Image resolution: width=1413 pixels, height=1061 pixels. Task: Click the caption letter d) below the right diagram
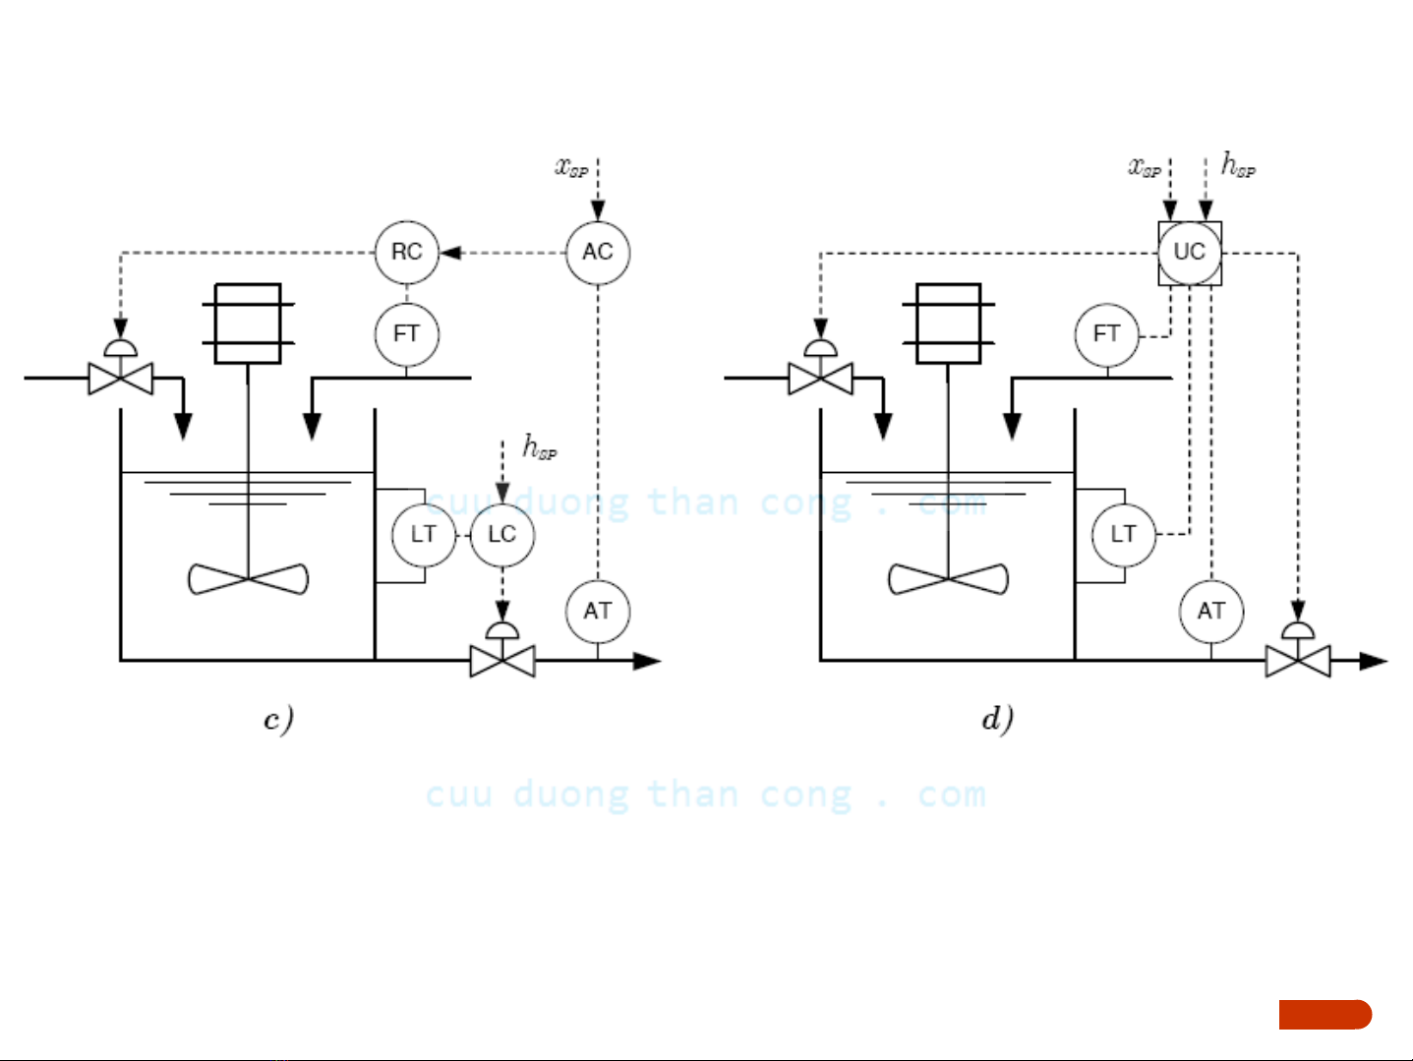(x=998, y=719)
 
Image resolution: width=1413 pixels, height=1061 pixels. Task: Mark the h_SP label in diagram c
(x=540, y=447)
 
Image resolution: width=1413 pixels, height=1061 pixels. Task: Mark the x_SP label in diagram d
(x=1145, y=167)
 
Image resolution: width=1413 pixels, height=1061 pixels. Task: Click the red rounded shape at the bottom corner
(x=1325, y=1015)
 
